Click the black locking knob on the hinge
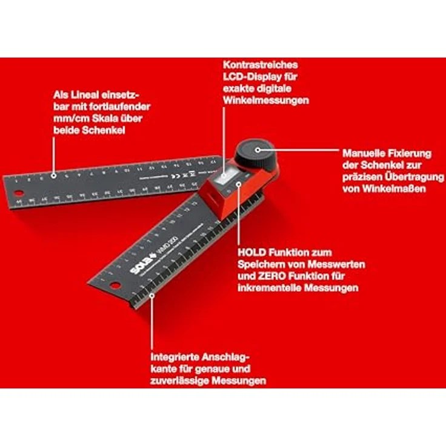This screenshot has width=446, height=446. (x=256, y=151)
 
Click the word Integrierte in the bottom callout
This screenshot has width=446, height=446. (x=178, y=357)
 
